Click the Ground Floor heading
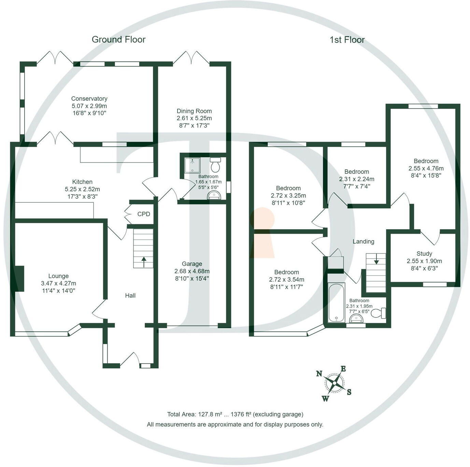(x=118, y=40)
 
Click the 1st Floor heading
(x=347, y=40)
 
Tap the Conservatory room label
(x=89, y=99)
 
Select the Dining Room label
(x=194, y=111)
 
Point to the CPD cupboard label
(x=144, y=214)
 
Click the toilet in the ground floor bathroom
(x=215, y=165)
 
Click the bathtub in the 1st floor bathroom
(x=336, y=302)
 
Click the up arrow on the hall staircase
(x=143, y=262)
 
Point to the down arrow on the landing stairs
(x=376, y=259)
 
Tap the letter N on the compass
(x=319, y=373)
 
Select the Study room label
(x=424, y=254)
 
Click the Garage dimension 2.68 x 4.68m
(x=192, y=271)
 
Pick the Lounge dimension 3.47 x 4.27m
(x=58, y=283)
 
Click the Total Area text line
(x=235, y=414)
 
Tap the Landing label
(x=363, y=241)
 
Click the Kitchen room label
(x=82, y=182)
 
